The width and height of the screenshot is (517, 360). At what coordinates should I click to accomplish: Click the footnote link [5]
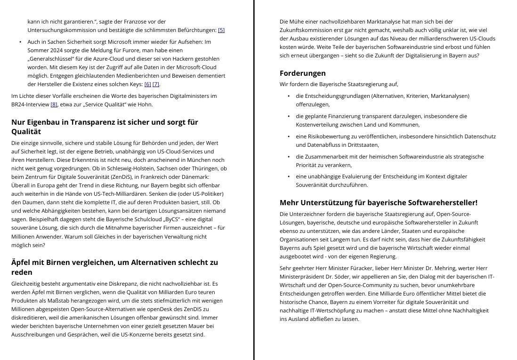[221, 30]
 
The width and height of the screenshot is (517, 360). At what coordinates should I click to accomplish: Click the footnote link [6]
[148, 84]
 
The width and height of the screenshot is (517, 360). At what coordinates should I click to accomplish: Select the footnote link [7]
[156, 84]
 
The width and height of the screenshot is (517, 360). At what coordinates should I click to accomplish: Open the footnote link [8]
[54, 104]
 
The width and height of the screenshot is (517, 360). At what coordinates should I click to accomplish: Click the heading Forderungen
[302, 73]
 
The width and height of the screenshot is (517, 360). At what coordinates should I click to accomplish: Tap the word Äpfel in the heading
[22, 262]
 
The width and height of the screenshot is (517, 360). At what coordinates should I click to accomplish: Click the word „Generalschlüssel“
[51, 59]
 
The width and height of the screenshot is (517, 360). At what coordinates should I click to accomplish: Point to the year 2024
[57, 50]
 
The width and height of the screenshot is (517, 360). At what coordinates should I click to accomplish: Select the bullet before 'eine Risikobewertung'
[289, 136]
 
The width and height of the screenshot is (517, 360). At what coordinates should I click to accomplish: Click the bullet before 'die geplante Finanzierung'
[289, 116]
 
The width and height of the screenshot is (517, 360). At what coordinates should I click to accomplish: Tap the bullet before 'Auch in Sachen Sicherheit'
[20, 42]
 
